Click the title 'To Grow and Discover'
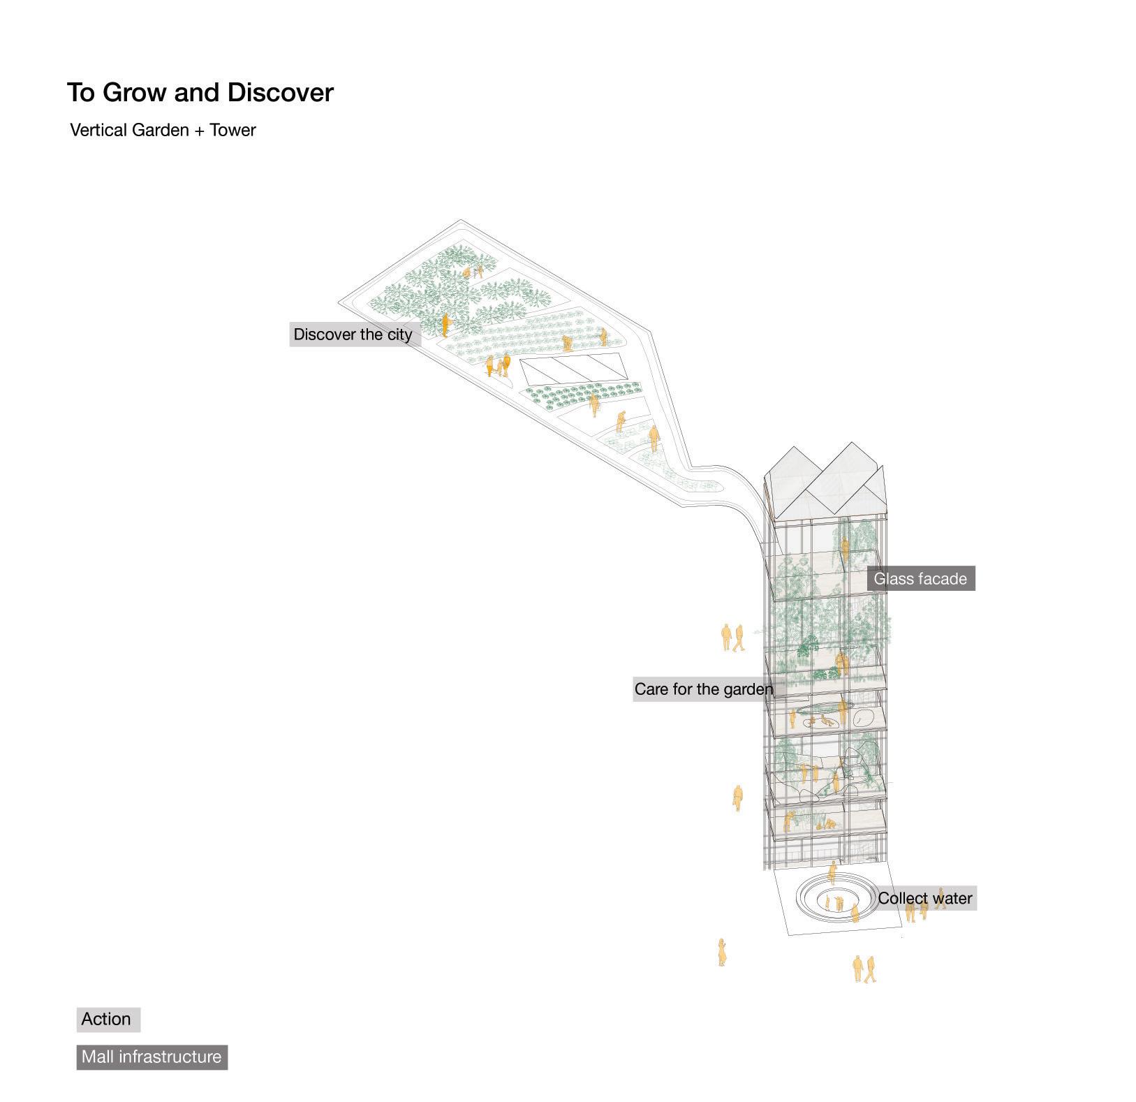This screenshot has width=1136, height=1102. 200,93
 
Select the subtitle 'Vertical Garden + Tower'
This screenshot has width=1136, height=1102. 163,131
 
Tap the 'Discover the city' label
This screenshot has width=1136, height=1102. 353,335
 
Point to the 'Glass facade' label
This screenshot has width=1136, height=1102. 920,579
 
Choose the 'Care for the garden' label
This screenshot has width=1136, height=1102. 703,689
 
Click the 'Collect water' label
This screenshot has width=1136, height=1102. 924,898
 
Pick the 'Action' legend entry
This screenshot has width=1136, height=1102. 107,1019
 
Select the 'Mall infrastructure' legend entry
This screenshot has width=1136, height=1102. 152,1057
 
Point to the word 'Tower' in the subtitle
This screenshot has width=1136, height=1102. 233,131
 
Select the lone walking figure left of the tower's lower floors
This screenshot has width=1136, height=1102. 737,798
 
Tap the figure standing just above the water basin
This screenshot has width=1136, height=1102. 832,873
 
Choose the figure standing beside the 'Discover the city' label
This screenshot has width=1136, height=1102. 445,325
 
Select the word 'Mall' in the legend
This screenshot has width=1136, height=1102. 98,1057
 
